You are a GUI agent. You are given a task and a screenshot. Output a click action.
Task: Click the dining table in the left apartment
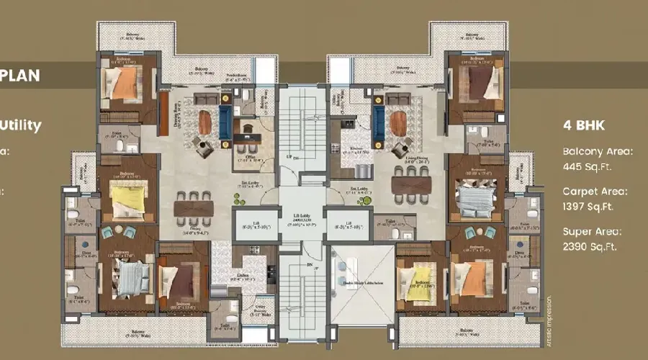coord(194,208)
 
